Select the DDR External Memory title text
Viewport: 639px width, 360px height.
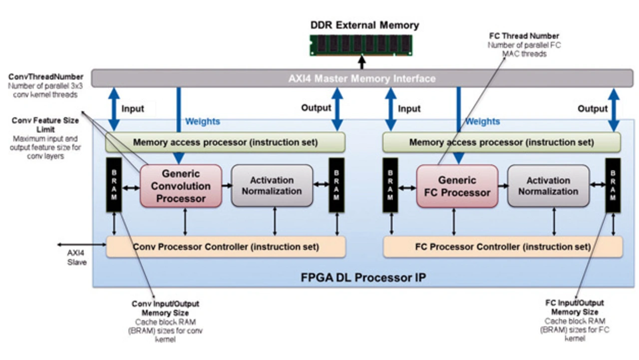pyautogui.click(x=364, y=25)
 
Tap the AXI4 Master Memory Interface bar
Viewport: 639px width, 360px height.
pyautogui.click(x=362, y=78)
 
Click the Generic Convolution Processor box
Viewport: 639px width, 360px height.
pyautogui.click(x=181, y=186)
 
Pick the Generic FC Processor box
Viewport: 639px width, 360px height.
pyautogui.click(x=457, y=186)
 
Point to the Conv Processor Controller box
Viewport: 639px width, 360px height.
pyautogui.click(x=226, y=247)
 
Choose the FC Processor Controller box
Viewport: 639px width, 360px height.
pyautogui.click(x=503, y=247)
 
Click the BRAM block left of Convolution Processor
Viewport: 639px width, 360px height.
pyautogui.click(x=114, y=185)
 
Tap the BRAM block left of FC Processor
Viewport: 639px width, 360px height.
pyautogui.click(x=390, y=185)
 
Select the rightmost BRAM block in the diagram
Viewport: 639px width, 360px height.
pyautogui.click(x=613, y=185)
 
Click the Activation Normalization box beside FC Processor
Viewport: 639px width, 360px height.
pyautogui.click(x=548, y=186)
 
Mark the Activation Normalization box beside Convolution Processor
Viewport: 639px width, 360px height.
pyautogui.click(x=272, y=186)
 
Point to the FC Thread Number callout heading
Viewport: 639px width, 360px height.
pyautogui.click(x=523, y=36)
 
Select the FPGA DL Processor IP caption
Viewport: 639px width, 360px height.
pyautogui.click(x=363, y=278)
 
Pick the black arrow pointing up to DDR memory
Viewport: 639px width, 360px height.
pyautogui.click(x=362, y=62)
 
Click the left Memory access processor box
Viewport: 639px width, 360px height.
pyautogui.click(x=225, y=142)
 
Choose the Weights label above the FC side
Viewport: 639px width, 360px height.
pyautogui.click(x=482, y=121)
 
